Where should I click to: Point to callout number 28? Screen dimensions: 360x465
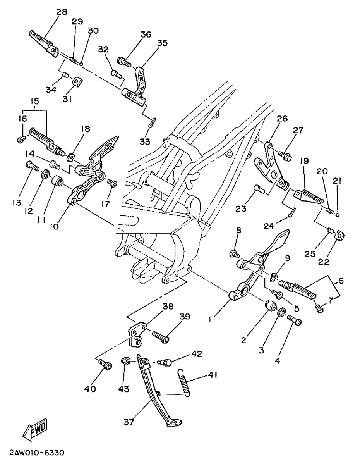62,12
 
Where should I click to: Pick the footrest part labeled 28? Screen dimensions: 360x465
44,44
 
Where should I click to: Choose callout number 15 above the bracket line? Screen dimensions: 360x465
35,101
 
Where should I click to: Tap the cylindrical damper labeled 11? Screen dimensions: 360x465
57,181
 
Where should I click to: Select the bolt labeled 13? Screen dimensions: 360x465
33,166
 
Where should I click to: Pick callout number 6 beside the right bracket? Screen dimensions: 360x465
341,280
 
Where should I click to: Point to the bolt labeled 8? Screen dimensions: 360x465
234,254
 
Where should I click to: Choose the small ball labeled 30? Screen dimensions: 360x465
81,64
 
